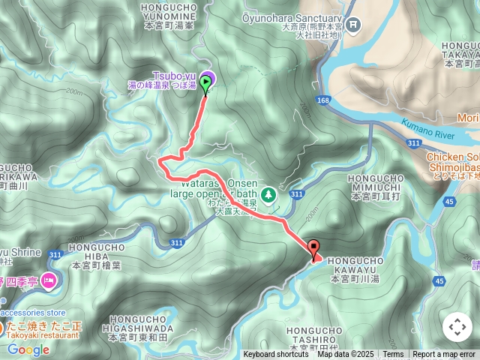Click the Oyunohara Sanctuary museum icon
354,25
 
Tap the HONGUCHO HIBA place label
95,256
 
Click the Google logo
28,349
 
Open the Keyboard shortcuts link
275,355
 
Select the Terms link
393,355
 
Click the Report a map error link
444,355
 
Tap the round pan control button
457,327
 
